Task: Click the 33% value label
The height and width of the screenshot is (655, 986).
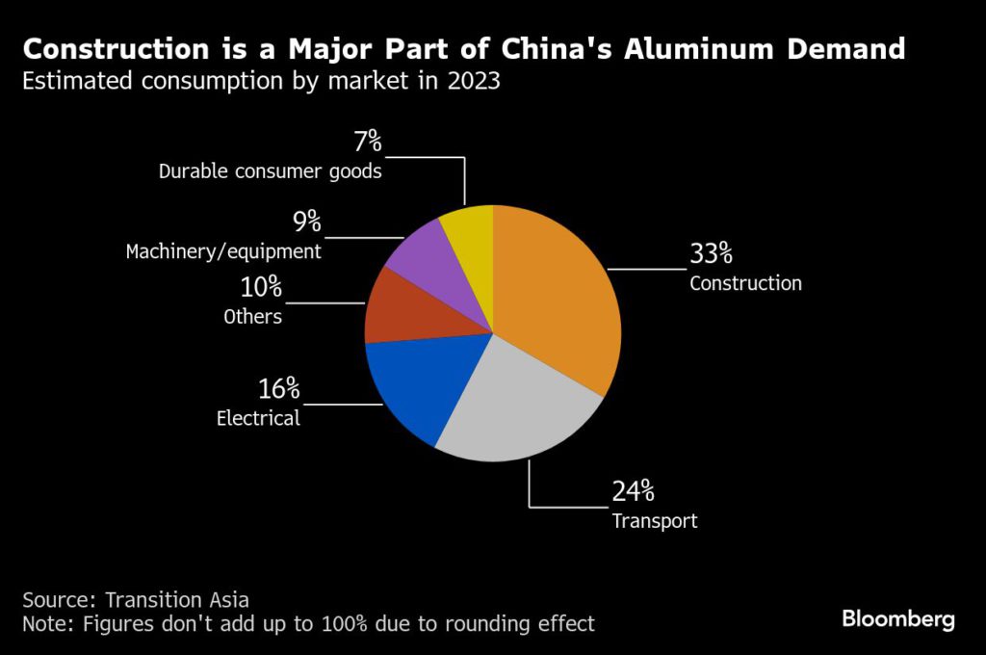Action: (711, 254)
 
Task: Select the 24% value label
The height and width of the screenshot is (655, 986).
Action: (633, 491)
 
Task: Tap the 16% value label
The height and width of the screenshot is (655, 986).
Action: (278, 389)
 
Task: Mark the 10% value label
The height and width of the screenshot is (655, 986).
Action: (260, 286)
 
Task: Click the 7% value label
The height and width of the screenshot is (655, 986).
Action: (367, 143)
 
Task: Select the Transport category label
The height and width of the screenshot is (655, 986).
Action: (654, 521)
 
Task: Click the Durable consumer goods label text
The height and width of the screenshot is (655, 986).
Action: (271, 172)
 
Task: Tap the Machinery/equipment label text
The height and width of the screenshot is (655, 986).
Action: (223, 252)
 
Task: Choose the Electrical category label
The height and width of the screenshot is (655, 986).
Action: (258, 419)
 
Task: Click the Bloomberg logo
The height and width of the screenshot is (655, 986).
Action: (898, 619)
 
